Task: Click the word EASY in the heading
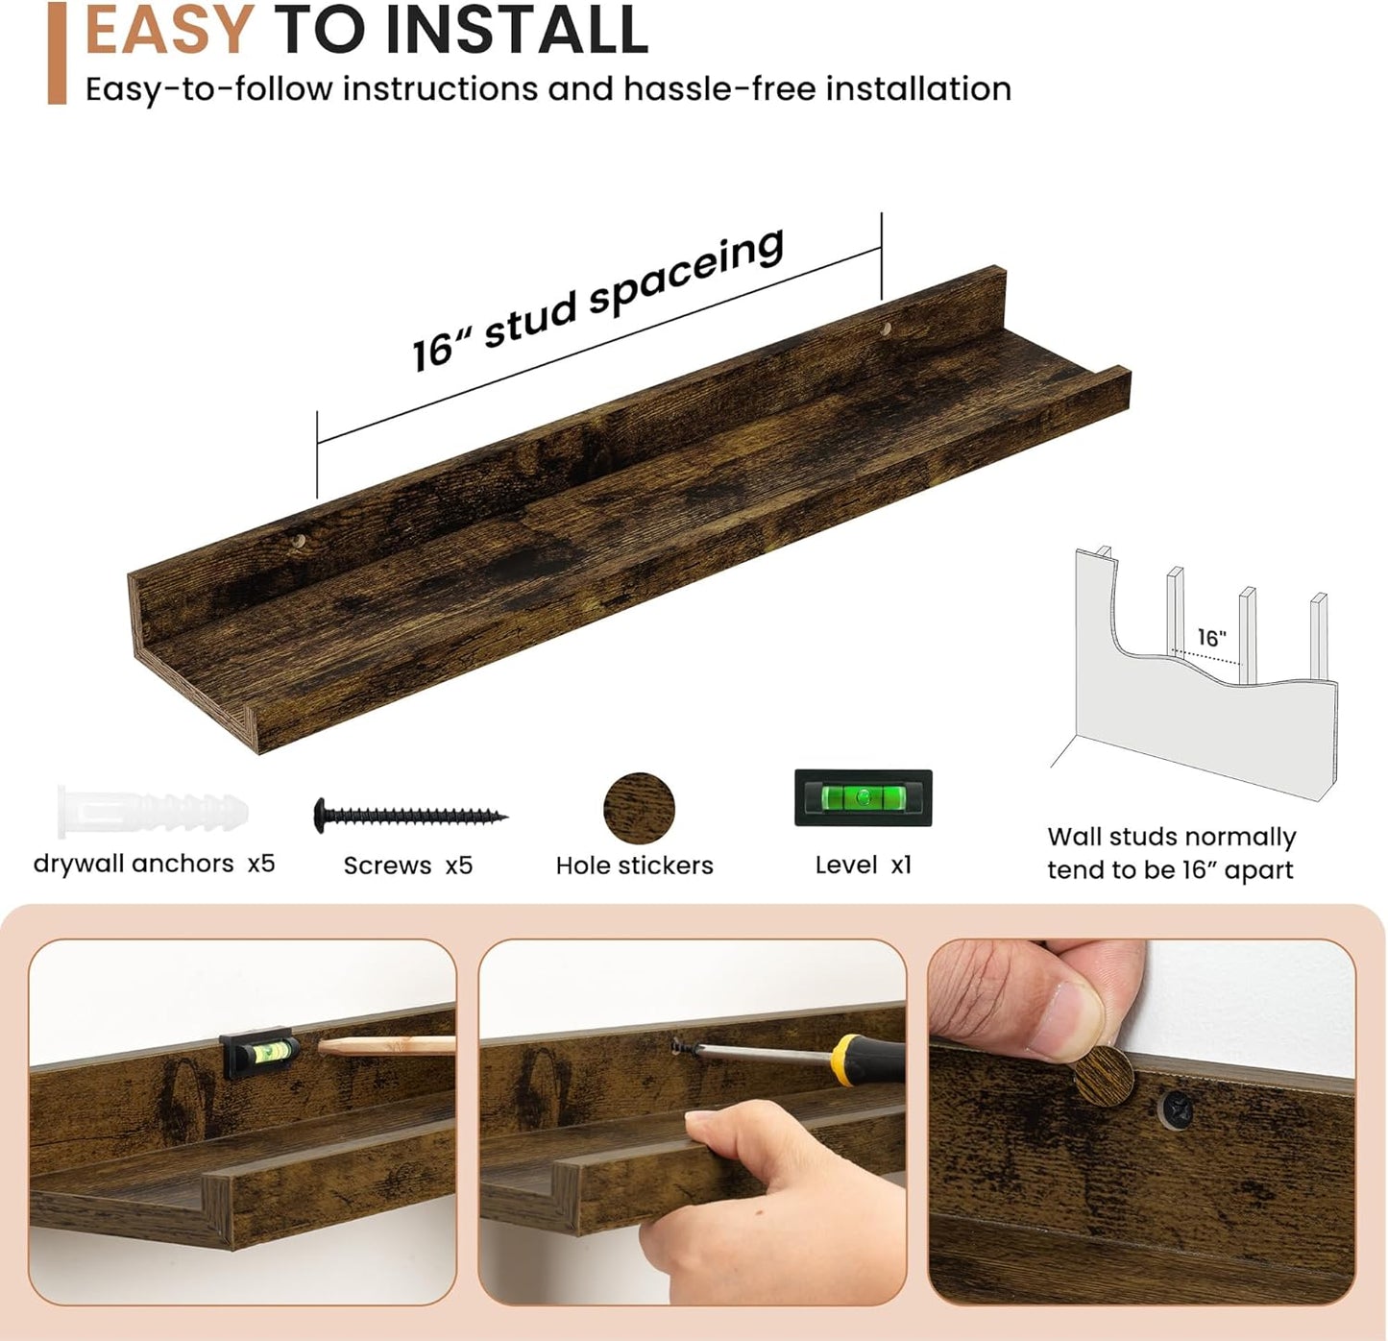point(170,29)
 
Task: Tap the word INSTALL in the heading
point(516,29)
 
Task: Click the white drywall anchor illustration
point(153,812)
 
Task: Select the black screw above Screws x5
point(410,816)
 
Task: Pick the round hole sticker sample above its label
point(639,808)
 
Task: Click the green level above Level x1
point(863,797)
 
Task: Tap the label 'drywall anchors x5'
point(154,864)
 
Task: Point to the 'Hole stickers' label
point(634,866)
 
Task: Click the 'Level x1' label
point(863,865)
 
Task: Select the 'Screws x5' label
point(408,866)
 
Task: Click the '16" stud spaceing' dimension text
point(597,301)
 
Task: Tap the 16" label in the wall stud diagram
point(1212,637)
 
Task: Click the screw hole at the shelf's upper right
point(886,329)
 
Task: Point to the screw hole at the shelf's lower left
point(298,541)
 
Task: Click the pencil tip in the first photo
point(322,1046)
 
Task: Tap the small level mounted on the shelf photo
point(259,1051)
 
